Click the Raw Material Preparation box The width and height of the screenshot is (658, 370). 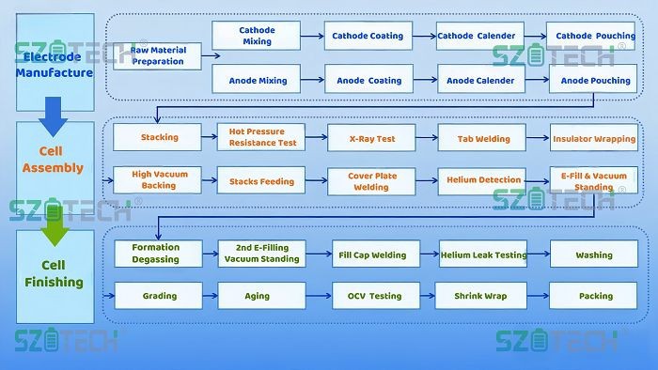pos(158,55)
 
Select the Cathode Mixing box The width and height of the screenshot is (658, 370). pos(257,36)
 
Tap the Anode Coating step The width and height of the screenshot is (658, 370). pos(368,81)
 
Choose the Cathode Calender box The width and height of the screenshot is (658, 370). pos(476,36)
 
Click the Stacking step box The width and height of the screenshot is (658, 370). pos(160,137)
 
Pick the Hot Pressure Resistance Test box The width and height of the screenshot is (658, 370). pos(262,137)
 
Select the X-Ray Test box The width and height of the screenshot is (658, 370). pos(372,138)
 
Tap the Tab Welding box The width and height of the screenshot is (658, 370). pos(483,138)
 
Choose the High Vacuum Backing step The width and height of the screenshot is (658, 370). pos(160,179)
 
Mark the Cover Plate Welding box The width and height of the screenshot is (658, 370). pos(372,180)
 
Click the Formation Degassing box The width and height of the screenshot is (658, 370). pos(156,254)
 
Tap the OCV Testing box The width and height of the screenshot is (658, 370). pos(372,296)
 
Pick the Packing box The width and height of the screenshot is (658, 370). pos(596,296)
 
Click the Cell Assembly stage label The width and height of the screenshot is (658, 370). pos(55,161)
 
